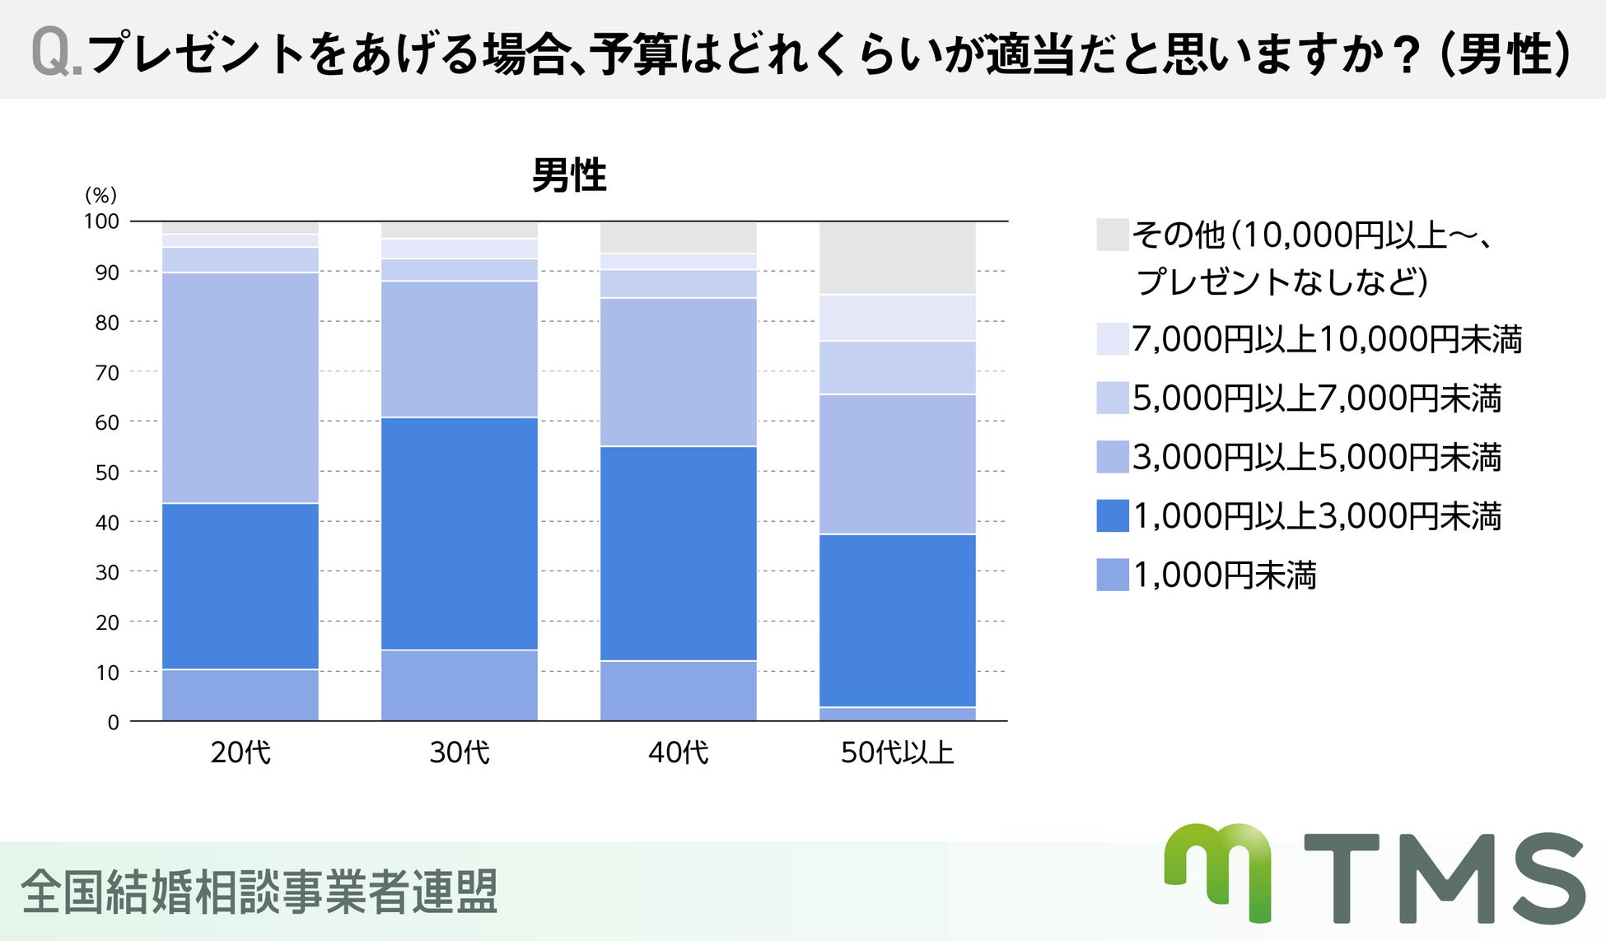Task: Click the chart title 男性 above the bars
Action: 568,175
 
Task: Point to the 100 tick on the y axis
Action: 101,221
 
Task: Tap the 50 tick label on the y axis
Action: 107,472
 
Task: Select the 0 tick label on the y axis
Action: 113,722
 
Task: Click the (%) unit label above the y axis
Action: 101,194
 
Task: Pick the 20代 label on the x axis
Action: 240,752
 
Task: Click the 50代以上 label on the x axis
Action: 897,752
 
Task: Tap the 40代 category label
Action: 678,752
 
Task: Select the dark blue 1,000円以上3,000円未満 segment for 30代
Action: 459,533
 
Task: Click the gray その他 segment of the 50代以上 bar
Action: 897,258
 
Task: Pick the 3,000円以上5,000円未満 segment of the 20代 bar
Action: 240,387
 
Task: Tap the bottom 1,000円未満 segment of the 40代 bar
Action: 678,691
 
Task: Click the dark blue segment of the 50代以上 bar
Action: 897,621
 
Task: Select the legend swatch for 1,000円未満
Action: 1112,575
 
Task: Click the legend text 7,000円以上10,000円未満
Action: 1326,339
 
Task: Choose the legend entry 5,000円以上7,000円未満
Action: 1316,398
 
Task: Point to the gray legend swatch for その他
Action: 1112,235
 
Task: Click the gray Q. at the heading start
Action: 56,54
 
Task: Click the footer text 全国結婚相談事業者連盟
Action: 259,892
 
